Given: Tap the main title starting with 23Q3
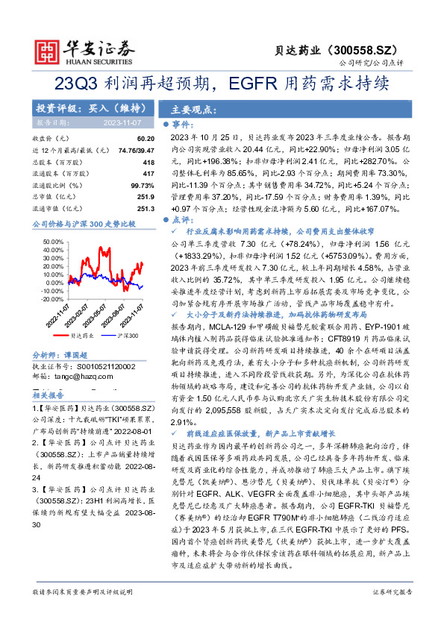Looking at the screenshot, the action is click(222, 83).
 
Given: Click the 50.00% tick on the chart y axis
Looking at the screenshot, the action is click(54, 242).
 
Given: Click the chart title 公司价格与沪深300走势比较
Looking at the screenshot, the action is click(84, 223).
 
